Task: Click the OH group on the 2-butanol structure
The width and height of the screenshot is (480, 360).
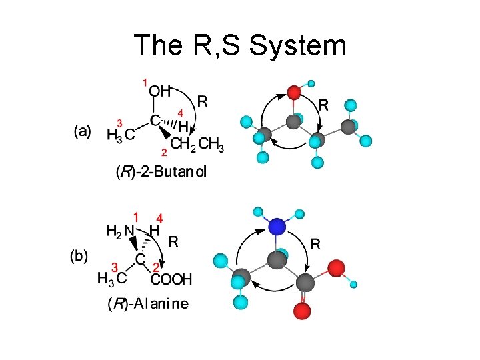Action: pos(160,90)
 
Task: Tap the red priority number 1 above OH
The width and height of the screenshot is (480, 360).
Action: pos(145,83)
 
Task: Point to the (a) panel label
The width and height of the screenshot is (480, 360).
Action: pos(82,132)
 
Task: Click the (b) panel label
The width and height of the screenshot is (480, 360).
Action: pos(79,256)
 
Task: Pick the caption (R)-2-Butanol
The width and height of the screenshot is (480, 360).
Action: pos(162,172)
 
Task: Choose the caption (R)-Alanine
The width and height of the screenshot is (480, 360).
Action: pos(148,304)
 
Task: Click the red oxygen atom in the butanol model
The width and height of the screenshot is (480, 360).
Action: pos(294,91)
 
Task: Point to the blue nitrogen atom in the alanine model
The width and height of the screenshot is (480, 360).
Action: pos(277,227)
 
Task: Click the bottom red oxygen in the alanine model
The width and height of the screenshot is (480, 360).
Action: pos(302,310)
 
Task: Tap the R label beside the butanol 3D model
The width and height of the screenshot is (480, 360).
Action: pos(323,104)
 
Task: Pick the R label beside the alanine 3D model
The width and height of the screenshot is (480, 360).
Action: pos(315,244)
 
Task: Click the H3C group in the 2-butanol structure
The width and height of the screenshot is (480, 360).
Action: pos(121,135)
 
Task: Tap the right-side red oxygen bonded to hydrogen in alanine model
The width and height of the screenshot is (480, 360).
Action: pos(336,268)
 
